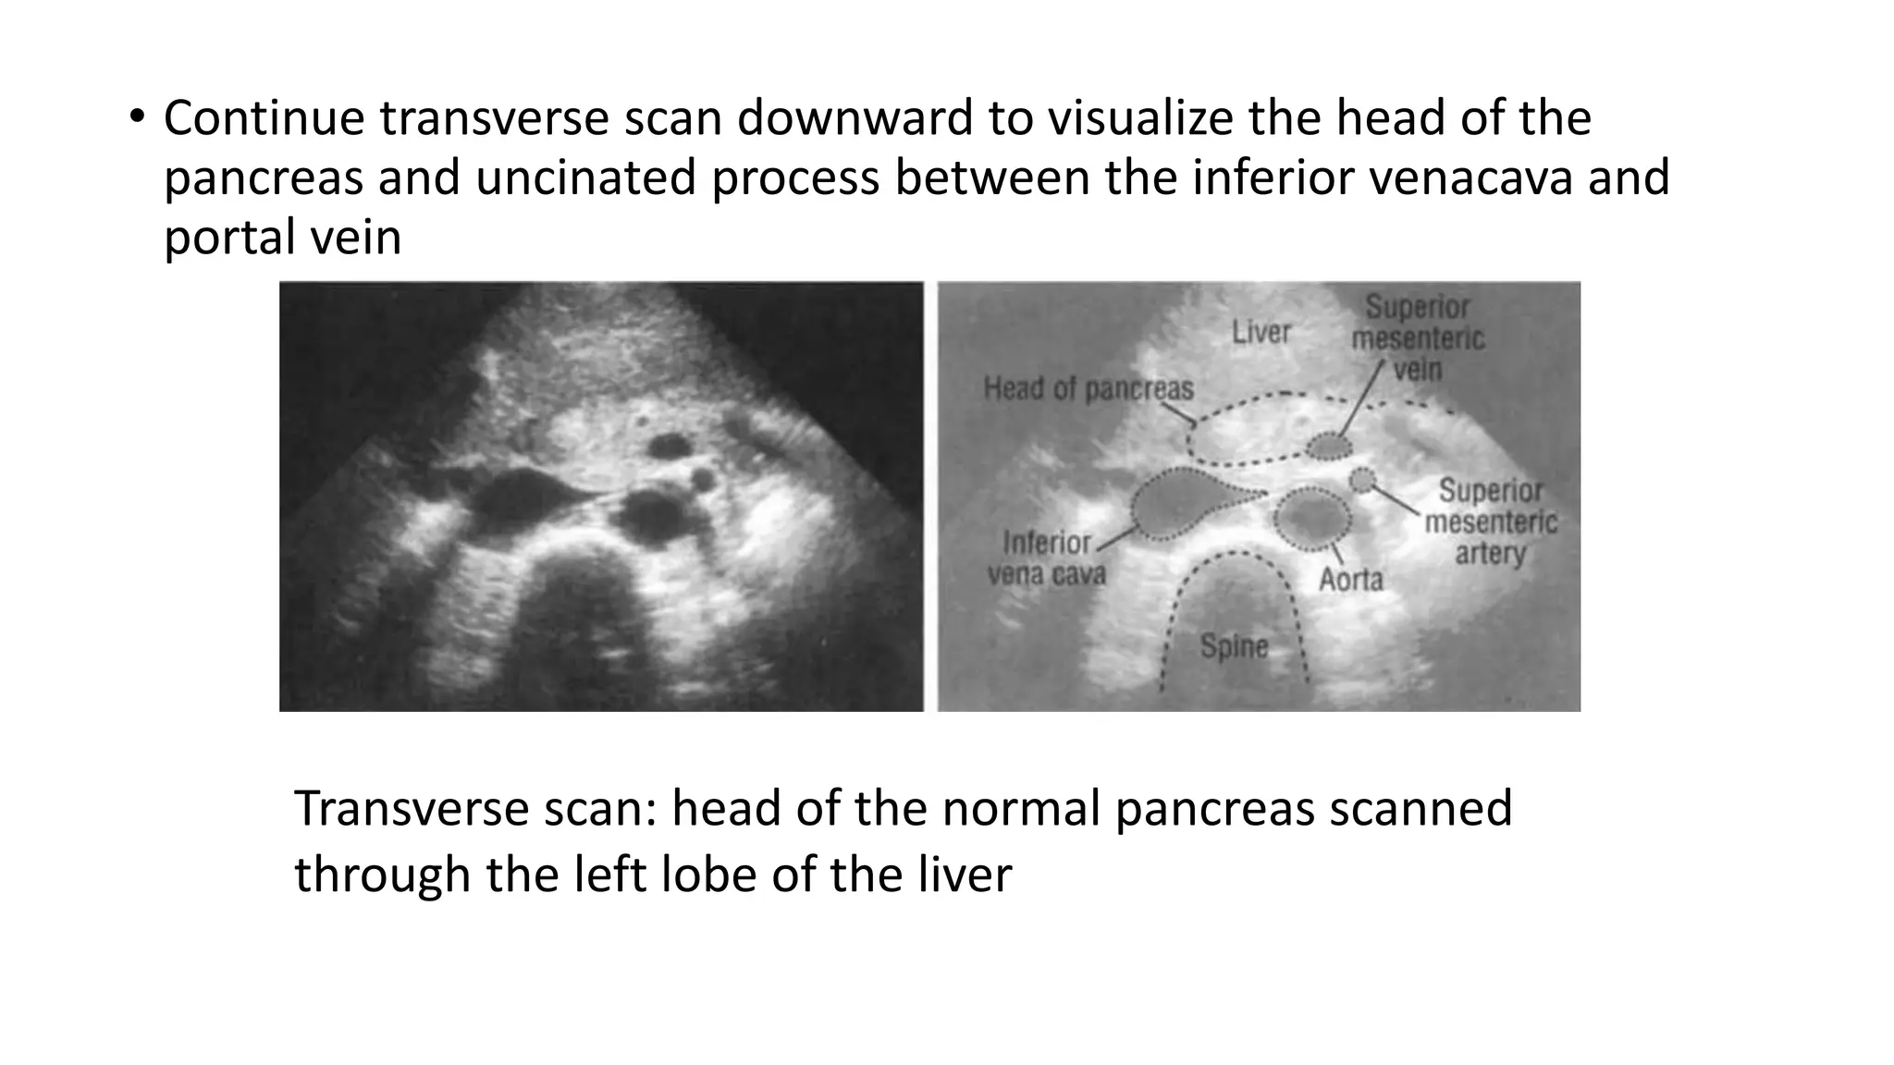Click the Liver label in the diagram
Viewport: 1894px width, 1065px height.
(1261, 332)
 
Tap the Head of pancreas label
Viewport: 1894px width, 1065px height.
(1088, 389)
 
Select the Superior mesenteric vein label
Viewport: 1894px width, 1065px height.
(1418, 338)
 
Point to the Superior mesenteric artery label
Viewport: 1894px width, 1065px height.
(1491, 521)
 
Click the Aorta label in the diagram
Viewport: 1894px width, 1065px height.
(1350, 580)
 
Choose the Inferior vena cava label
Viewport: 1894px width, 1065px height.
(1047, 558)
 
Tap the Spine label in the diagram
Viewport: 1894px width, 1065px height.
(1234, 645)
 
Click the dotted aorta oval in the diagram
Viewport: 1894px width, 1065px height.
(1311, 517)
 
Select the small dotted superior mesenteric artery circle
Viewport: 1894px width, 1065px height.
(1362, 480)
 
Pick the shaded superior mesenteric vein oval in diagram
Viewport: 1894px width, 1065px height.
(1329, 447)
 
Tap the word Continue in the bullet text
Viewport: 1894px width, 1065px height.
(264, 118)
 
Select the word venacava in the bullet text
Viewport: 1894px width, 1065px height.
(1474, 177)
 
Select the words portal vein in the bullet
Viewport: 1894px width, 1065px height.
(282, 238)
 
